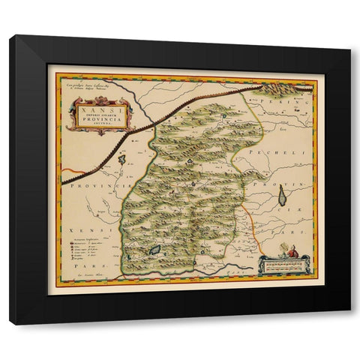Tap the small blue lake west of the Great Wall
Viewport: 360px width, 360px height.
121,159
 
